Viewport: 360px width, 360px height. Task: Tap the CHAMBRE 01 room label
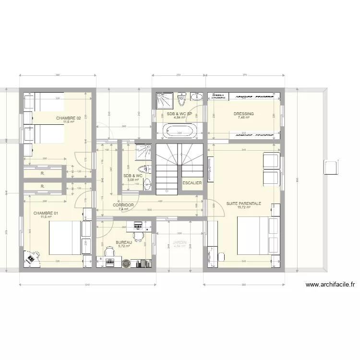click(46, 213)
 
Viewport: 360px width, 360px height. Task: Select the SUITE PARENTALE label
click(244, 204)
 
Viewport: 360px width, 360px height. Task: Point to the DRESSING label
click(244, 114)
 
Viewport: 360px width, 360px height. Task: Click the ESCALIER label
click(192, 183)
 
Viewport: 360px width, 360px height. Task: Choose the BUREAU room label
click(124, 243)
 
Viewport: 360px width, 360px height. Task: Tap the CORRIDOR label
click(123, 205)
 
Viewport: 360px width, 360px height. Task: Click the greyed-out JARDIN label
click(180, 243)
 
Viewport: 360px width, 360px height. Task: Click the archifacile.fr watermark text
click(330, 285)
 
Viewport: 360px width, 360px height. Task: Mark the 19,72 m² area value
click(244, 208)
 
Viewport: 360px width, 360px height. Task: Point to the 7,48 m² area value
click(244, 118)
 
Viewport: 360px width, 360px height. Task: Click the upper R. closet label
click(43, 173)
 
